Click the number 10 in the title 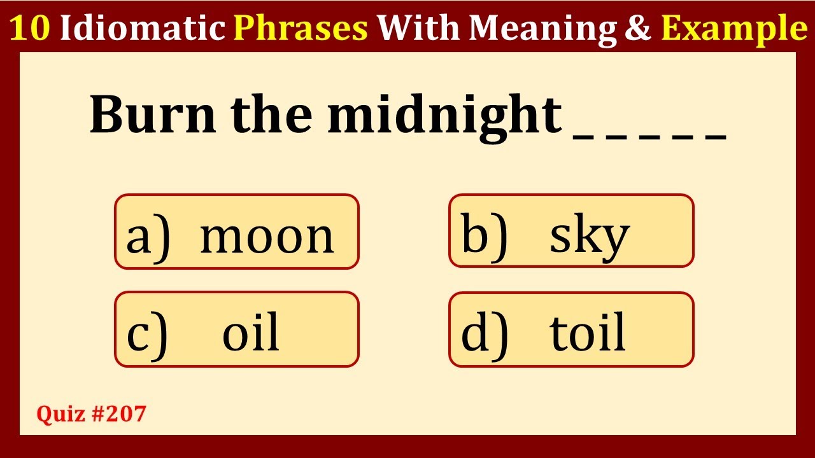(x=30, y=28)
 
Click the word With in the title (x=418, y=27)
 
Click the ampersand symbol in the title (x=638, y=28)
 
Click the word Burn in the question (x=153, y=114)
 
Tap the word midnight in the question (x=444, y=118)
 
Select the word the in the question (x=271, y=114)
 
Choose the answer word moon (x=267, y=238)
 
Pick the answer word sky (x=590, y=237)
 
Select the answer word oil (x=251, y=331)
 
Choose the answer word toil (x=587, y=331)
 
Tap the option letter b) (x=484, y=237)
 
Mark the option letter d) (x=485, y=335)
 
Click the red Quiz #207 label (x=91, y=413)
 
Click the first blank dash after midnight (x=583, y=137)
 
